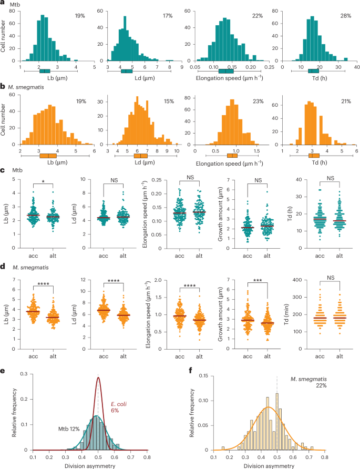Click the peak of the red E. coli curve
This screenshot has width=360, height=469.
98,378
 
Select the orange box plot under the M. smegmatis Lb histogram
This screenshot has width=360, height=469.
48,156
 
